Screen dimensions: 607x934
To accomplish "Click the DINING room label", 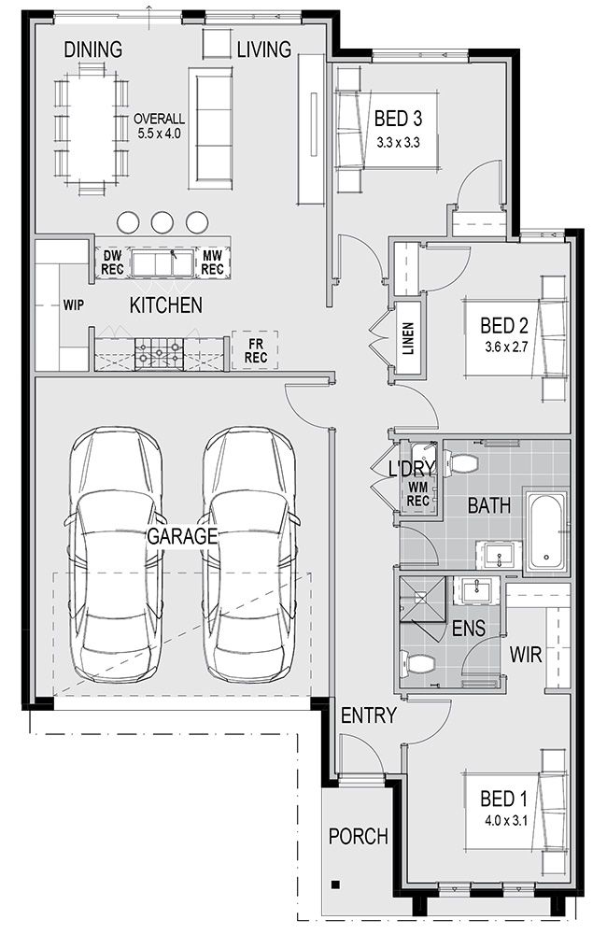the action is (x=93, y=50).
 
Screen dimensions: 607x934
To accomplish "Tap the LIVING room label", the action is (x=264, y=50).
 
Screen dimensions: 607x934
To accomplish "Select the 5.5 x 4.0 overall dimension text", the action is (x=159, y=134).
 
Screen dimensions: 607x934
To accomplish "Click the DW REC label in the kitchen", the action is (x=112, y=262).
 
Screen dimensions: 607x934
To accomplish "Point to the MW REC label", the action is (x=213, y=262).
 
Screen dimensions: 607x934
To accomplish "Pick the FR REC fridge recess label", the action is (x=256, y=351).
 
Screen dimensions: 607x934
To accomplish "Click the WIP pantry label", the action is (x=73, y=305).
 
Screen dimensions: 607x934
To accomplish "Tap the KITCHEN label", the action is (x=165, y=305).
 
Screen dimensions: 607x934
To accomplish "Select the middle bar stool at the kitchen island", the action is (x=162, y=222).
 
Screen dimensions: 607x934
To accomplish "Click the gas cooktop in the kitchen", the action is (x=159, y=352).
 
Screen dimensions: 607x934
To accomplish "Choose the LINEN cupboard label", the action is (x=408, y=339).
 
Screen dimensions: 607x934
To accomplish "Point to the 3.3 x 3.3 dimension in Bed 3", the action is (x=399, y=143).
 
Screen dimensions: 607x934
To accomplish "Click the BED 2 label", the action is (x=504, y=325).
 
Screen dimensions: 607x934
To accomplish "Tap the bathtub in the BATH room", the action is (x=545, y=531).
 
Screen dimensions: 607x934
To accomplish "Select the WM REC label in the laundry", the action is (x=418, y=495).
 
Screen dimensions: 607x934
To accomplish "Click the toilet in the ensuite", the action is (x=417, y=663).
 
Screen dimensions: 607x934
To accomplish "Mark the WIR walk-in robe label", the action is (x=526, y=656).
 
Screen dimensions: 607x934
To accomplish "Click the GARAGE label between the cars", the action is (x=182, y=536).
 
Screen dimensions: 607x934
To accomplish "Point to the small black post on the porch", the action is (x=336, y=884).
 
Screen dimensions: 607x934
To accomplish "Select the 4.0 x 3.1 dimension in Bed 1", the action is (x=506, y=820).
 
